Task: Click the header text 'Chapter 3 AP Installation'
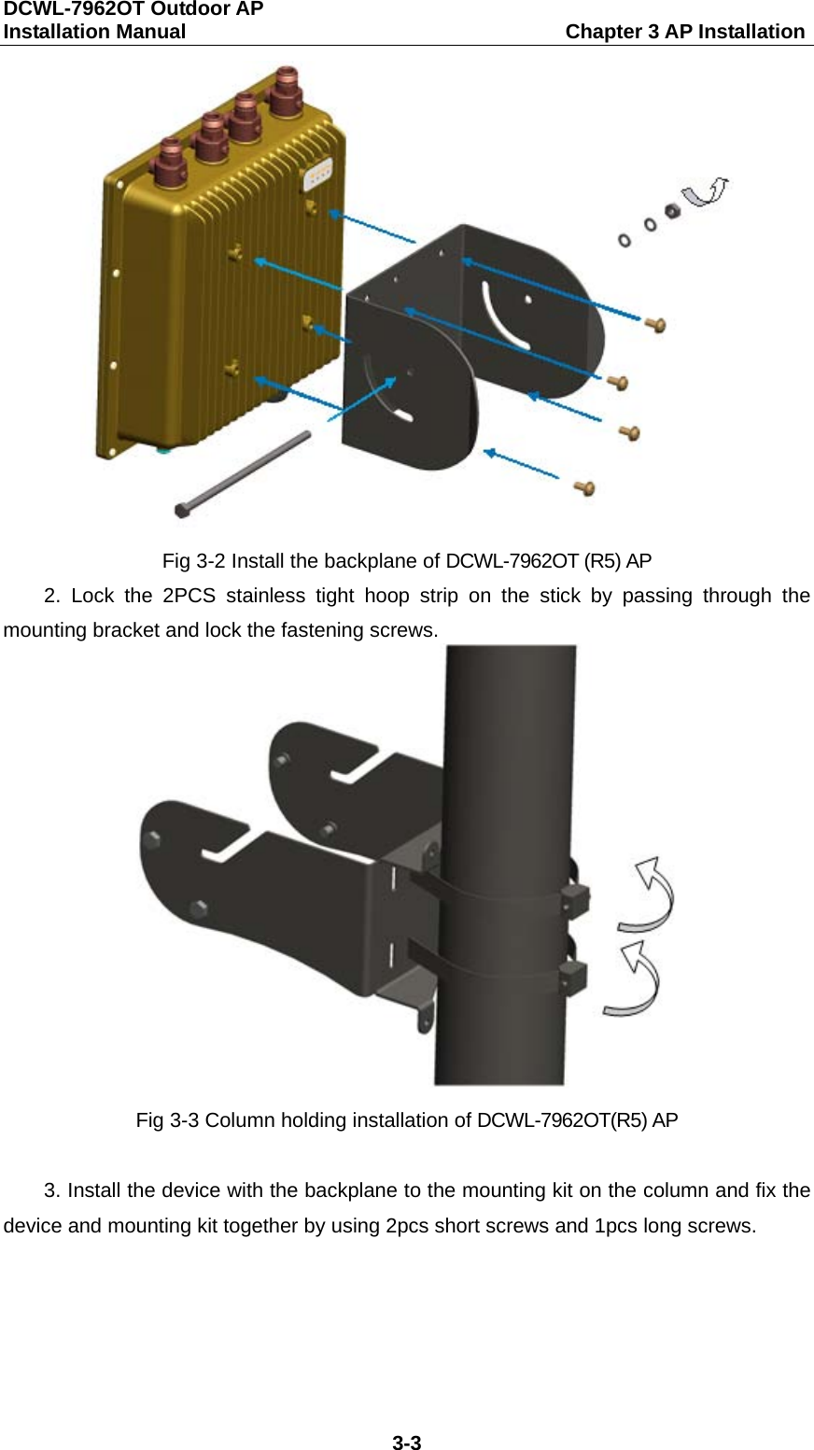click(x=684, y=32)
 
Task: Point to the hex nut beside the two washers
click(x=669, y=209)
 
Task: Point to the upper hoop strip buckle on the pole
click(x=572, y=899)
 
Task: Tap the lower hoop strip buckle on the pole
click(x=571, y=979)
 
